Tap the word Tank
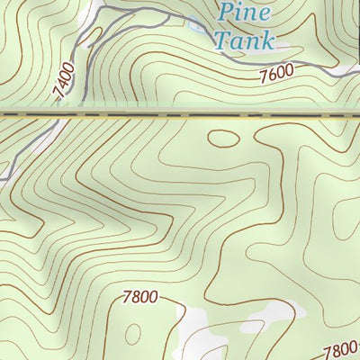pyautogui.click(x=244, y=40)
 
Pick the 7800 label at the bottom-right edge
pyautogui.click(x=341, y=350)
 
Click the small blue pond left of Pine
pyautogui.click(x=196, y=26)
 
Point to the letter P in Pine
pyautogui.click(x=226, y=13)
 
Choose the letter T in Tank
pyautogui.click(x=220, y=40)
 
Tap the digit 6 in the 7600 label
pyautogui.click(x=270, y=77)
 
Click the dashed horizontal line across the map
pyautogui.click(x=180, y=115)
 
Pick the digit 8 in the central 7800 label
pyautogui.click(x=135, y=296)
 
